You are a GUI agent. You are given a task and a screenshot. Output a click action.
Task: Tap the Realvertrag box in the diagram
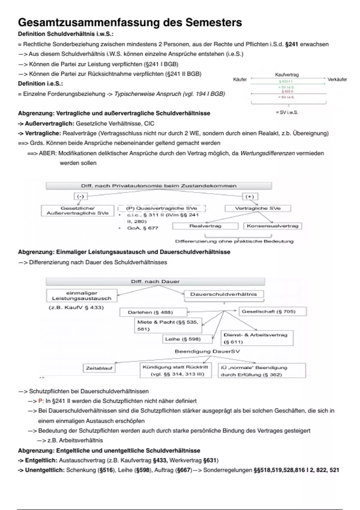[x=205, y=226]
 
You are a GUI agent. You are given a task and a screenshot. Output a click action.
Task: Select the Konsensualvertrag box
[x=272, y=226]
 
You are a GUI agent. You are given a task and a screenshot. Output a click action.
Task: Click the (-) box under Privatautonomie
[x=80, y=196]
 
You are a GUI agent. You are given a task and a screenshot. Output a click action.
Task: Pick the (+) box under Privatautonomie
[x=250, y=196]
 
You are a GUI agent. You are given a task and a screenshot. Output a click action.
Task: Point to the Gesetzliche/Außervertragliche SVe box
[x=77, y=211]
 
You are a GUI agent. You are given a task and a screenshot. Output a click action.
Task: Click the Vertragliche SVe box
[x=258, y=208]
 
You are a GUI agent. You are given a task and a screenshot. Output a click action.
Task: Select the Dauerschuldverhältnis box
[x=223, y=294]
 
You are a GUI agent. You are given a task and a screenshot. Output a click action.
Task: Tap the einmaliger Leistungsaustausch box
[x=82, y=296]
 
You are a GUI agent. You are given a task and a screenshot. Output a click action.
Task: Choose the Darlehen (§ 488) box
[x=153, y=312]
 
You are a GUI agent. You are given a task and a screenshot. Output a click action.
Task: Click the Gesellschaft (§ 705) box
[x=272, y=311]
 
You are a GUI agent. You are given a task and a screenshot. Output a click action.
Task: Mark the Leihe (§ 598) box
[x=187, y=339]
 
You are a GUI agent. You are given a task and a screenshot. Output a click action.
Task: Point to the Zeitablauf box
[x=99, y=368]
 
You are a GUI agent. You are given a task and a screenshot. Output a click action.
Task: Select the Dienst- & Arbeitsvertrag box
[x=257, y=338]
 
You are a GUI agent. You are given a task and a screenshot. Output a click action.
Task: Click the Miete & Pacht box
[x=168, y=325]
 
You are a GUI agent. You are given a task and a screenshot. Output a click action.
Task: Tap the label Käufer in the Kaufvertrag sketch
[x=240, y=79]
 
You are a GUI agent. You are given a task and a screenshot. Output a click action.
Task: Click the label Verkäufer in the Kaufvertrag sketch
[x=337, y=79]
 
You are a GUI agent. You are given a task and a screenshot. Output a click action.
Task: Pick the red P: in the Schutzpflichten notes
[x=41, y=401]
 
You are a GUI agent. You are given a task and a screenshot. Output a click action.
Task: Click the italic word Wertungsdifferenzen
[x=268, y=153]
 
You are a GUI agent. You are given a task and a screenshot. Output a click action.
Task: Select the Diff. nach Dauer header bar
[x=155, y=282]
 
